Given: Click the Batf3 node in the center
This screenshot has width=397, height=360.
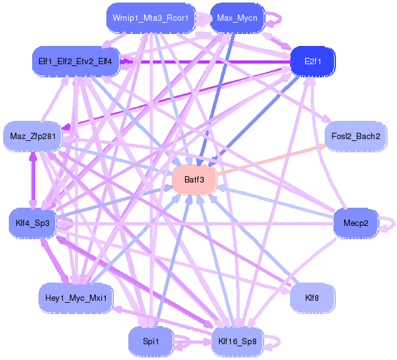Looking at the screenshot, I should pos(194,180).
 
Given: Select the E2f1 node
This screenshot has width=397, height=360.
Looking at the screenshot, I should pos(312,61).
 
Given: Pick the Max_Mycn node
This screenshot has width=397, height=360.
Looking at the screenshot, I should pos(236,18).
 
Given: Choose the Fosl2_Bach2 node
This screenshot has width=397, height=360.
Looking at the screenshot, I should pos(355,136).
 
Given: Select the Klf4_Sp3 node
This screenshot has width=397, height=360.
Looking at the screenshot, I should pos(33,222).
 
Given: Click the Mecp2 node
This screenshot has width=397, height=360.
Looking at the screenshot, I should pos(355,223).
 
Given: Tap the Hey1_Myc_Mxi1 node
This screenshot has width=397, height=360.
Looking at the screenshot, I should pos(75,296).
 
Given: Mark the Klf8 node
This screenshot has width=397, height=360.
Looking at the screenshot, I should pos(312,296).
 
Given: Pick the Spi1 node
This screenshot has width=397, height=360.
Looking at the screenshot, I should pos(150,341).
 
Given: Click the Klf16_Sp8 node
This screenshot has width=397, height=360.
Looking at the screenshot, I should pos(237,341).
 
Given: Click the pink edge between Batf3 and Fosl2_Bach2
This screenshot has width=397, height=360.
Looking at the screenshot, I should pos(271,160).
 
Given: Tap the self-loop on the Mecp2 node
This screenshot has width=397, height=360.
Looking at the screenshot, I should pos(389,223).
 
